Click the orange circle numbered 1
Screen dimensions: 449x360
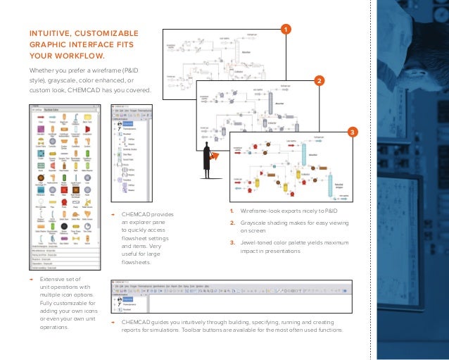tap(285, 29)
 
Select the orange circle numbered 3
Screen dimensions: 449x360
tap(353, 133)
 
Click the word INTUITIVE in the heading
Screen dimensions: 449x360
tap(50, 33)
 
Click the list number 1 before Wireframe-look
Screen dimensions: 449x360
tap(232, 211)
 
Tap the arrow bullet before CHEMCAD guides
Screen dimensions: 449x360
tap(113, 322)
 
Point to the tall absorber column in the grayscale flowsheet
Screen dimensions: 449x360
tap(269, 106)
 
